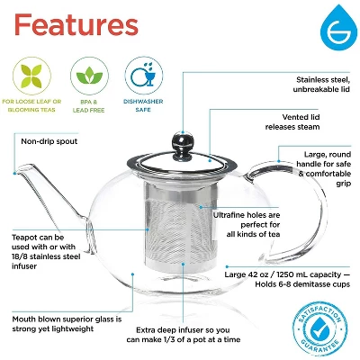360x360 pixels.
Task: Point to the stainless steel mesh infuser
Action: [175, 238]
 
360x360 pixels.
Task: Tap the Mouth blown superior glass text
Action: [65, 322]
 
